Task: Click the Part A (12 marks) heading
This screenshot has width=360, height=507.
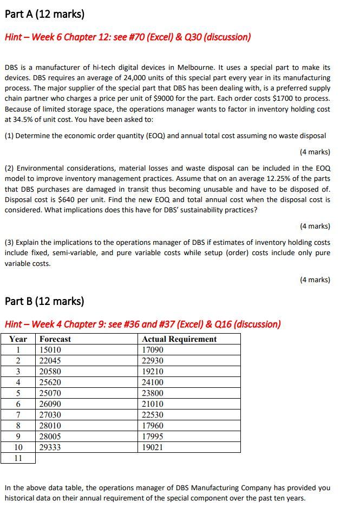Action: click(44, 14)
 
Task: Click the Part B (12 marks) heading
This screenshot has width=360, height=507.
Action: click(44, 301)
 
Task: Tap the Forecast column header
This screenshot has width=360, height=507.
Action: click(55, 339)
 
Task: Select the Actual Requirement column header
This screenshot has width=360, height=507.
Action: click(179, 339)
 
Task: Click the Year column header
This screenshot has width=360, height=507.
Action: click(18, 339)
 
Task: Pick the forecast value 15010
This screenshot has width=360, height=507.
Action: click(50, 350)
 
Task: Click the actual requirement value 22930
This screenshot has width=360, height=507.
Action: click(153, 361)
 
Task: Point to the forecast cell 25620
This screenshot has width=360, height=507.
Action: click(50, 382)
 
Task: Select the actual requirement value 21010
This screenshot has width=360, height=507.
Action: click(153, 404)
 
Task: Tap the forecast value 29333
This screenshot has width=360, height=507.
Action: click(50, 447)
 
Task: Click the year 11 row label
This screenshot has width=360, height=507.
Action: click(18, 458)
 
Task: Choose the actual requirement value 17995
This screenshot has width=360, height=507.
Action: click(153, 437)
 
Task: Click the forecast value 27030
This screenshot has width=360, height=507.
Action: click(50, 415)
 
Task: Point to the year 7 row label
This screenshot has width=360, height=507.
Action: click(18, 415)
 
